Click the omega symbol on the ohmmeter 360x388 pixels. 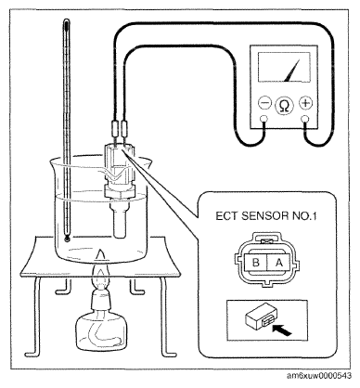[285, 106]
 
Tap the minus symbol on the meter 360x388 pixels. [264, 103]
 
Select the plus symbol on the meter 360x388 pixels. [305, 103]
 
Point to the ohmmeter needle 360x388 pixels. [292, 71]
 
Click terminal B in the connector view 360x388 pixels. [256, 263]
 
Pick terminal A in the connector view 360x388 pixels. [279, 263]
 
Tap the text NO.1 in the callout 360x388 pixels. [304, 216]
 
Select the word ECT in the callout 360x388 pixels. [227, 216]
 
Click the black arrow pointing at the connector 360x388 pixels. [282, 330]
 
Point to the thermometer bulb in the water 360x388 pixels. [67, 239]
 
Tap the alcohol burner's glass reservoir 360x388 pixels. [101, 331]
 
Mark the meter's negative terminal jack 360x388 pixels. [264, 119]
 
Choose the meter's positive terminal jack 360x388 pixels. [305, 119]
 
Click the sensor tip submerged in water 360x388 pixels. [119, 221]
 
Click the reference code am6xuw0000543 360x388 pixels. [318, 376]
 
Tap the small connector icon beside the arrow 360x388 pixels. [259, 319]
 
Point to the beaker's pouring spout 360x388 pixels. [147, 163]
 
